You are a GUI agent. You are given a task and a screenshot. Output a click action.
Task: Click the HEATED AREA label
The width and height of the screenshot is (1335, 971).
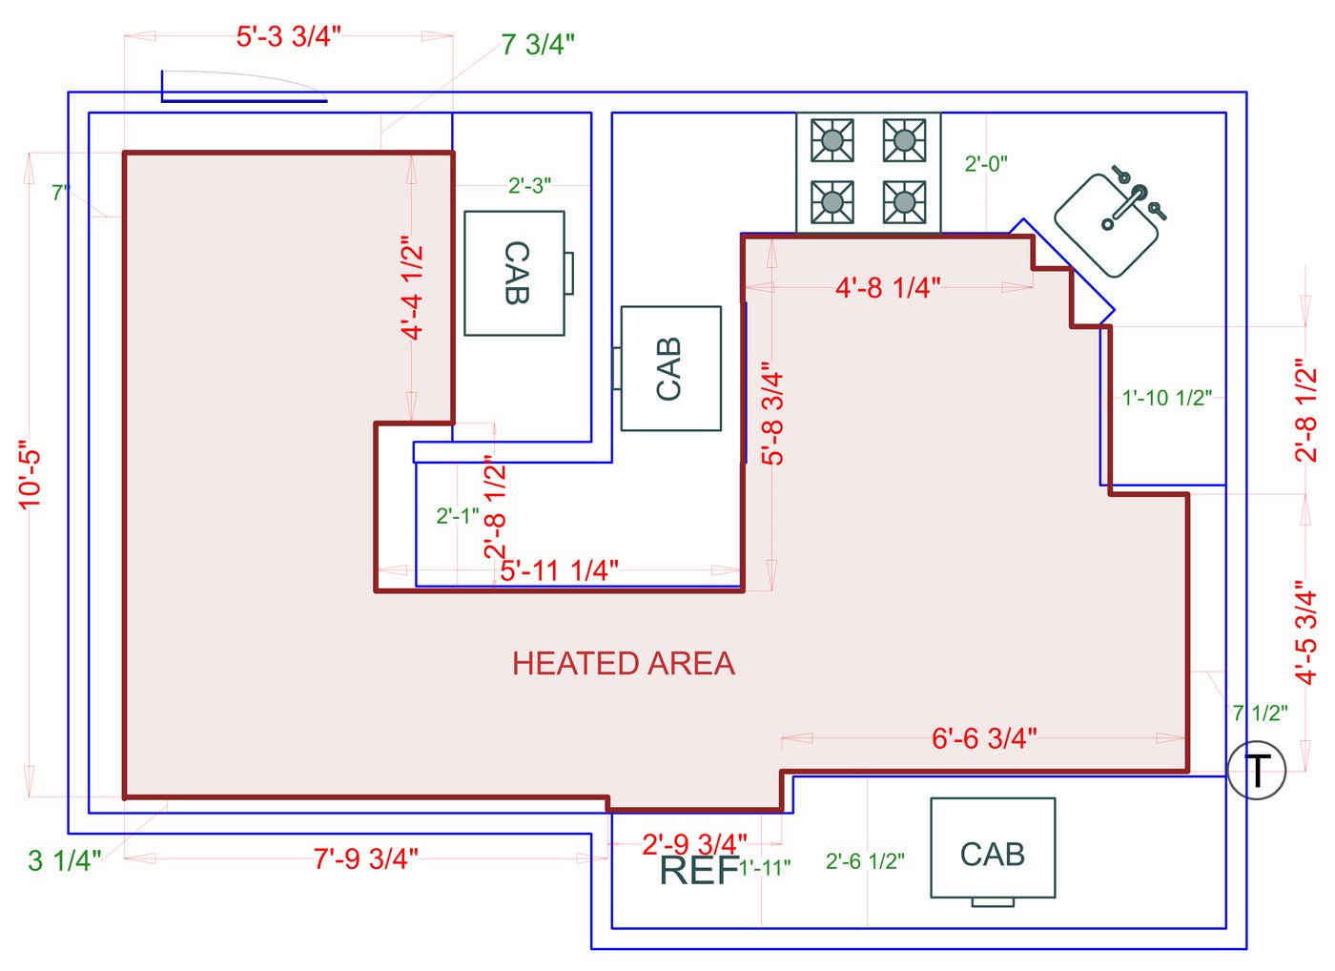pyautogui.click(x=624, y=664)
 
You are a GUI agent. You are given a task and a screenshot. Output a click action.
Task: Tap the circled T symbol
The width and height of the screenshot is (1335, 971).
pyautogui.click(x=1257, y=770)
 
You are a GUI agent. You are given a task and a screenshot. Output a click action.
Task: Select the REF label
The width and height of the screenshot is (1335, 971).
pyautogui.click(x=699, y=870)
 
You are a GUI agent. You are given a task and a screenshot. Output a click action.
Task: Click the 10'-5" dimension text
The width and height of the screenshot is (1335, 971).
pyautogui.click(x=31, y=474)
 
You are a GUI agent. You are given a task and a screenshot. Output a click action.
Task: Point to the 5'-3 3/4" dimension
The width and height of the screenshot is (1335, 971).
pyautogui.click(x=288, y=36)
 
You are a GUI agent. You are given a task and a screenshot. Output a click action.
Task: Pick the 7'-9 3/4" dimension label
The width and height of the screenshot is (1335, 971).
pyautogui.click(x=366, y=858)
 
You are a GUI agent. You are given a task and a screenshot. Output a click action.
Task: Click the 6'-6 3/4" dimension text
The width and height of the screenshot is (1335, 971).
pyautogui.click(x=984, y=738)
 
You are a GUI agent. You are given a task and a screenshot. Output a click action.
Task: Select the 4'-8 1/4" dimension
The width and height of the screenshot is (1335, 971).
pyautogui.click(x=888, y=287)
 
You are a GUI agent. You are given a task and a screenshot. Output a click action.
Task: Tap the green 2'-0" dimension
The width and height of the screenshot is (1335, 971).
pyautogui.click(x=986, y=164)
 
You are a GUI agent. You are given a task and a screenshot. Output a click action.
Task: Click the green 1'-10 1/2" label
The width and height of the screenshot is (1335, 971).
pyautogui.click(x=1166, y=398)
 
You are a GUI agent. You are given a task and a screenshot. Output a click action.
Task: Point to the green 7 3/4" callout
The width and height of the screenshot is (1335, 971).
pyautogui.click(x=538, y=45)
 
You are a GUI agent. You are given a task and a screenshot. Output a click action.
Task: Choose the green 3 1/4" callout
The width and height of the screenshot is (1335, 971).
pyautogui.click(x=64, y=860)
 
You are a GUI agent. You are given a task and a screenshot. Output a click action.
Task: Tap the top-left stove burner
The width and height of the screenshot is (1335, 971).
pyautogui.click(x=832, y=140)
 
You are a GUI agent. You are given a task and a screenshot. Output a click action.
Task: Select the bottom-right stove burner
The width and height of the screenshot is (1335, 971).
pyautogui.click(x=904, y=201)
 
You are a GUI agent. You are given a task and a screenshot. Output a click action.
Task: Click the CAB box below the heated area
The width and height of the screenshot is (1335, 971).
pyautogui.click(x=993, y=848)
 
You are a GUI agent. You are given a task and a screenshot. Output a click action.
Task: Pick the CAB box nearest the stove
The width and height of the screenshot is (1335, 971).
pyautogui.click(x=670, y=368)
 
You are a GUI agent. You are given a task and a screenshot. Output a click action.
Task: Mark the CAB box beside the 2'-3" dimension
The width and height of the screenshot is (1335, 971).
pyautogui.click(x=515, y=273)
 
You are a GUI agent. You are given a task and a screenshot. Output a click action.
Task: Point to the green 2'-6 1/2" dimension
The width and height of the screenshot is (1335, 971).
pyautogui.click(x=865, y=861)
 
